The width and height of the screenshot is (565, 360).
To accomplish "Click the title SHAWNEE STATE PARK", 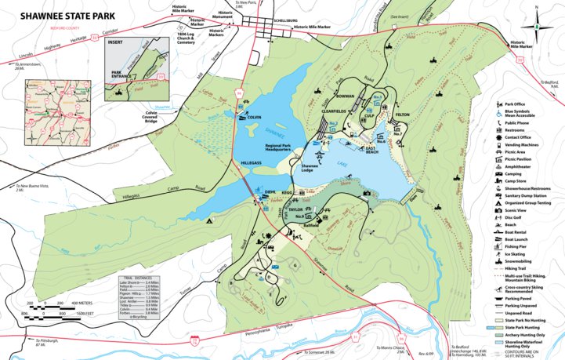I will (x=58, y=14).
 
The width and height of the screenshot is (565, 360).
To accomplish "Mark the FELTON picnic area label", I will (x=403, y=115).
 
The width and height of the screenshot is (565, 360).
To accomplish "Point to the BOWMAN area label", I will (x=346, y=96).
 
